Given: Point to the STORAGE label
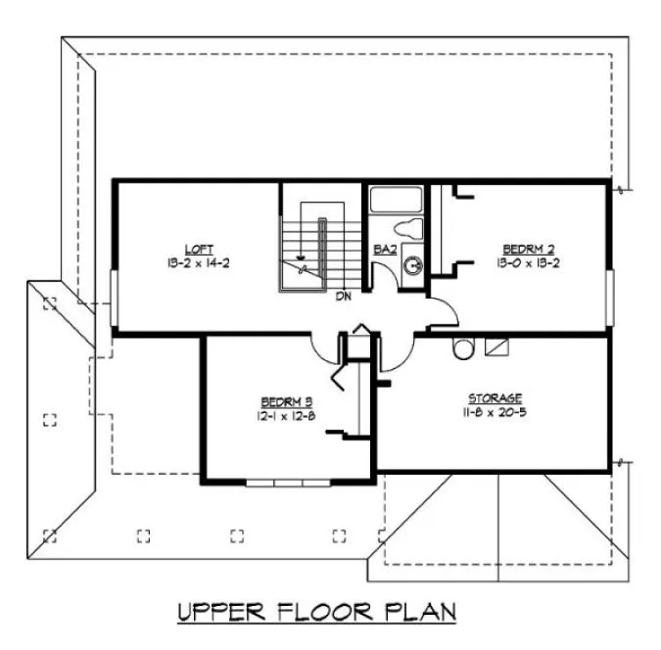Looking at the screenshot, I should [x=495, y=397].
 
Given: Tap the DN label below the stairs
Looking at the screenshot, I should [x=344, y=295].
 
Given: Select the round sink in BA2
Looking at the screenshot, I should [x=414, y=264].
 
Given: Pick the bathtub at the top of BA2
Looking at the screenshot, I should [x=396, y=201].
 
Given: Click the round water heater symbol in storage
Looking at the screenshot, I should [x=463, y=348].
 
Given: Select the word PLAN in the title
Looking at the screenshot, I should [x=418, y=614].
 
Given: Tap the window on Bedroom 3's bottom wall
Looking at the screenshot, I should [x=289, y=482].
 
